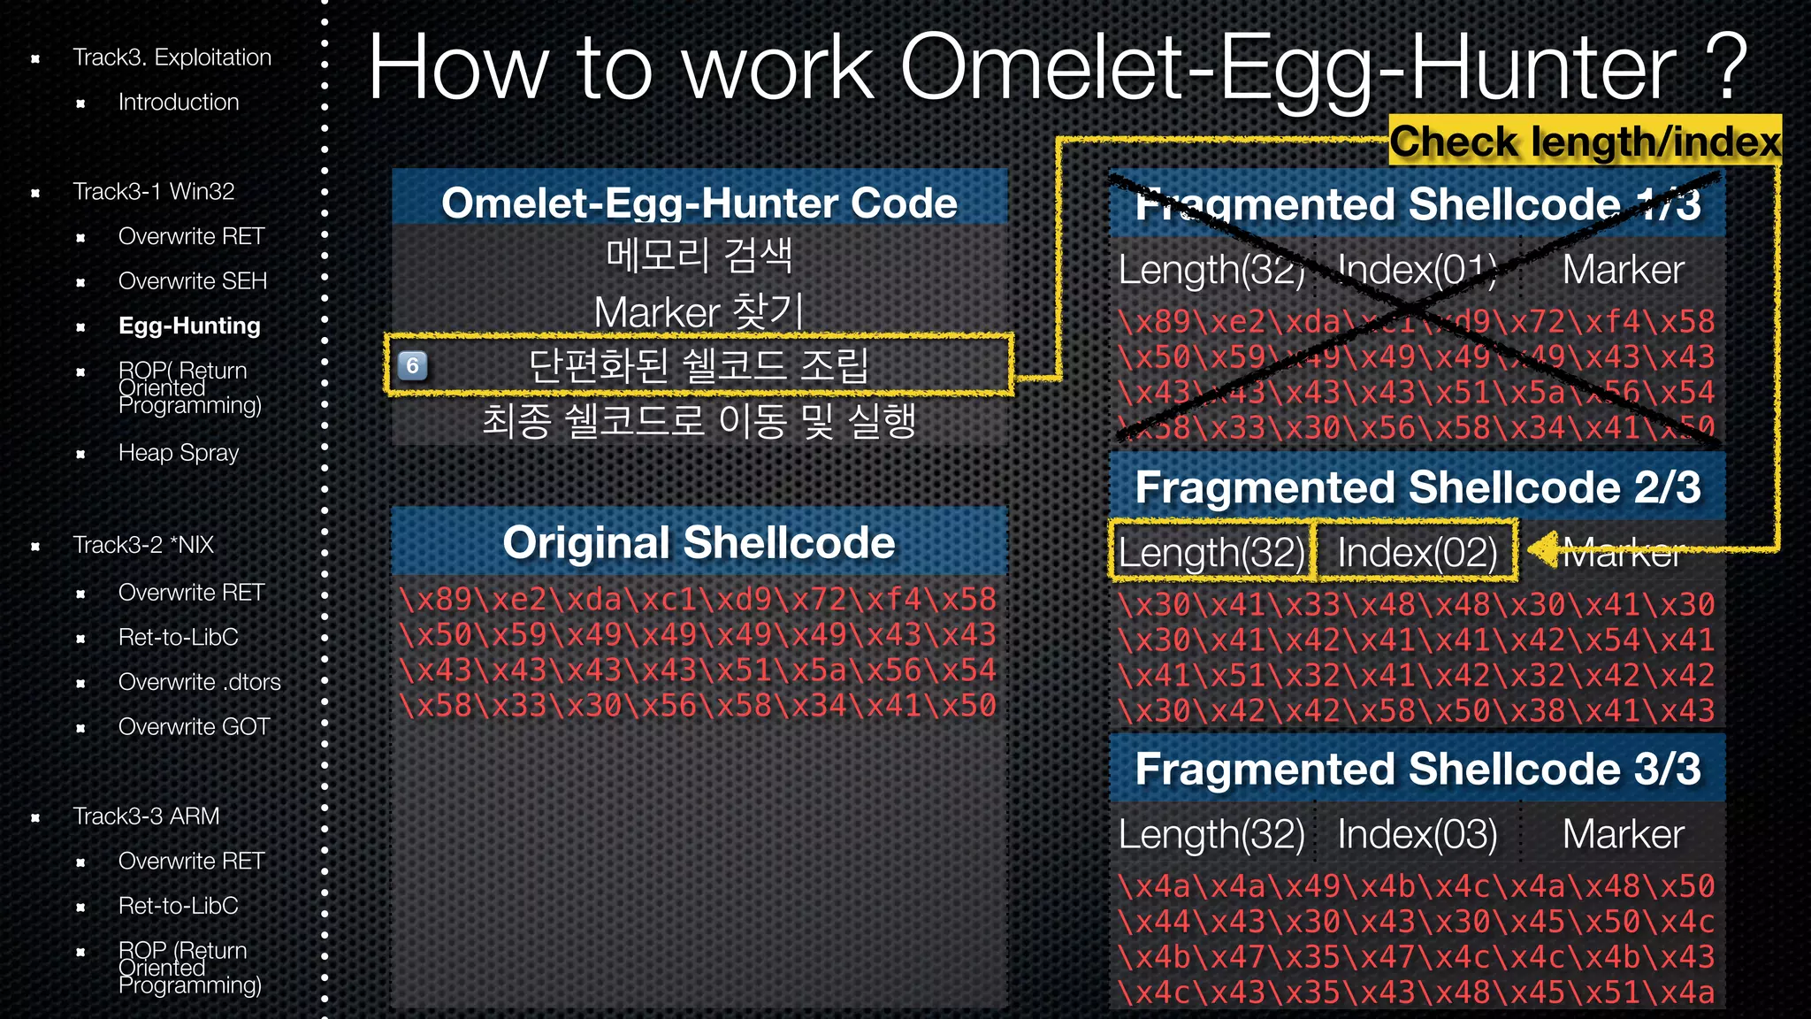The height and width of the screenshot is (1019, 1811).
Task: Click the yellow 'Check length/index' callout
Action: coord(1585,141)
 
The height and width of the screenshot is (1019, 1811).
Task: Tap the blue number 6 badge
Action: coord(412,365)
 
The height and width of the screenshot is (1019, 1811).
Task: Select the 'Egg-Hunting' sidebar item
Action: coord(189,326)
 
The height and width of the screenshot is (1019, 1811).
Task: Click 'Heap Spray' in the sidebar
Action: coord(179,453)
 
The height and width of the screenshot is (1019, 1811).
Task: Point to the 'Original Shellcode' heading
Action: coord(699,542)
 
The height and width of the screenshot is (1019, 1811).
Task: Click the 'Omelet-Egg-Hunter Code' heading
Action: coord(699,203)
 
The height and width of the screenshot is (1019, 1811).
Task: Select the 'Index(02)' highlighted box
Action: coord(1417,552)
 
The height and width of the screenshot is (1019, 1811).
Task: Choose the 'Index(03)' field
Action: coord(1417,834)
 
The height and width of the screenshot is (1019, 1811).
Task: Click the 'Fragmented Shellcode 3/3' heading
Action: coord(1417,769)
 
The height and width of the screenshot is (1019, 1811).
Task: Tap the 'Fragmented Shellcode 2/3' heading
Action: coord(1417,487)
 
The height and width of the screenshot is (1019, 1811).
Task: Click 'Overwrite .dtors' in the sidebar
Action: coord(199,682)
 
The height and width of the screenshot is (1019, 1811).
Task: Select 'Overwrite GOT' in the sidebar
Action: coord(194,727)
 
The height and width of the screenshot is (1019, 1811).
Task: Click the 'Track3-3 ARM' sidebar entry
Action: coord(146,816)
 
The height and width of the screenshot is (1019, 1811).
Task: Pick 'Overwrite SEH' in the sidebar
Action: coord(192,281)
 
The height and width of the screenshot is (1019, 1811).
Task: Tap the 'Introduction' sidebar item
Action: coord(179,103)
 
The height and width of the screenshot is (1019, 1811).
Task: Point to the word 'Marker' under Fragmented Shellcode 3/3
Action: coord(1623,834)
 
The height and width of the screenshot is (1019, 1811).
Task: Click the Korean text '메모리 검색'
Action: coord(699,256)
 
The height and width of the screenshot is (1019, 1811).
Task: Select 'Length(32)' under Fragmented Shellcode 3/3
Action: coord(1211,834)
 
